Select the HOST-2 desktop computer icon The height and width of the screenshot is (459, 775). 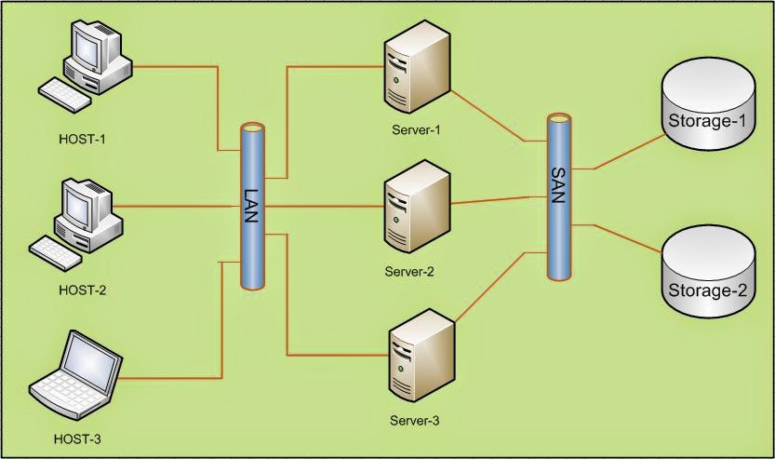[82, 216]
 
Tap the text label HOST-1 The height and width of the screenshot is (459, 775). [83, 140]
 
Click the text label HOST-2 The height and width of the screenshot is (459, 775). [83, 290]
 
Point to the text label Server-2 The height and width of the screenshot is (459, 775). [409, 272]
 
